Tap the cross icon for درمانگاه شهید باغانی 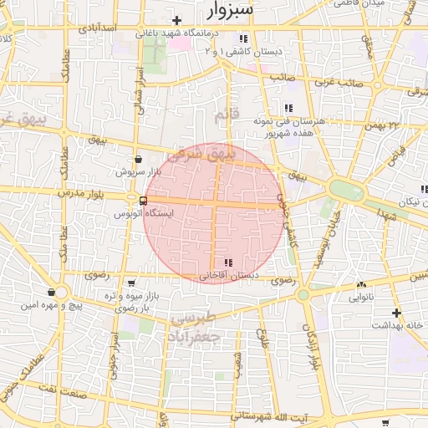[176, 20]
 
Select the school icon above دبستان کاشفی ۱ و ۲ [243, 38]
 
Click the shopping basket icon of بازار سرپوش [138, 158]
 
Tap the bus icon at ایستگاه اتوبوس [144, 201]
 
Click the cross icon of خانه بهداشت [396, 312]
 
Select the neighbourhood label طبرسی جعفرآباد [195, 328]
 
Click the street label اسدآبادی [96, 28]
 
